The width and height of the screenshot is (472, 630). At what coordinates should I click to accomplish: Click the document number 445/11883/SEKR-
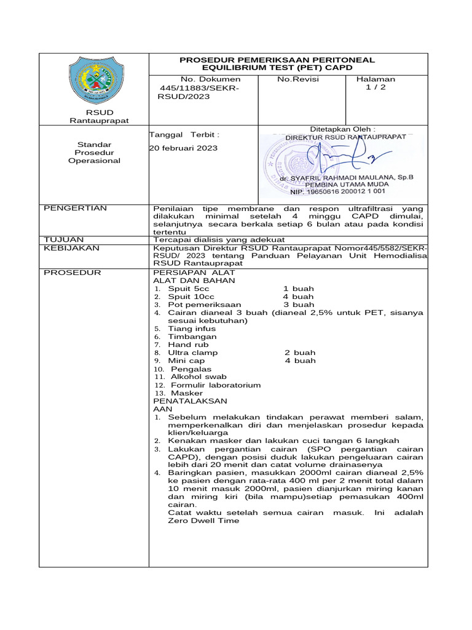click(198, 89)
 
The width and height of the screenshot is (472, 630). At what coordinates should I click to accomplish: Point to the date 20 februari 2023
click(184, 148)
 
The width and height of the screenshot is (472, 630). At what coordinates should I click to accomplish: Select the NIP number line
click(346, 193)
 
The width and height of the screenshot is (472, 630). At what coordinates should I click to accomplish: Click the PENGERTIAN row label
click(75, 209)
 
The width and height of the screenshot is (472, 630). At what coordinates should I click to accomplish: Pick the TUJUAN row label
click(63, 239)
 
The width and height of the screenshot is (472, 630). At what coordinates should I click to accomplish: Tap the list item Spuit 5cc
click(184, 289)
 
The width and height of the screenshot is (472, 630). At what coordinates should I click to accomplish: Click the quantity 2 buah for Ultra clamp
click(300, 353)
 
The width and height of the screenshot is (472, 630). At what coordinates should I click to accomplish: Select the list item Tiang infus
click(192, 329)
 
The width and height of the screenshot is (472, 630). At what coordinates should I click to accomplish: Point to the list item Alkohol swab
click(199, 377)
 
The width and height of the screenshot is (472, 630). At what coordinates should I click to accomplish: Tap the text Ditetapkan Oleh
click(342, 129)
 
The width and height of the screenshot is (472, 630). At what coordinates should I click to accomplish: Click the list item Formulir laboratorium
click(216, 385)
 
